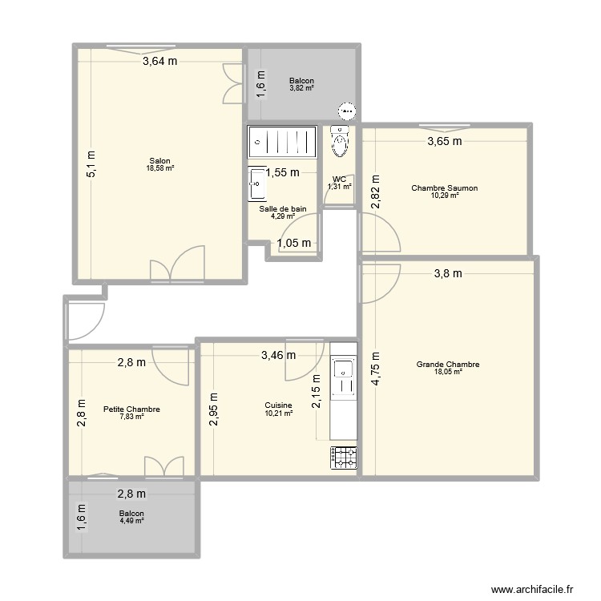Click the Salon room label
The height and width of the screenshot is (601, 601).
click(159, 159)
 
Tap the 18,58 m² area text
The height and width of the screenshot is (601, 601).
click(159, 167)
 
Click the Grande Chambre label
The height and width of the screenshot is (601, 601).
click(447, 365)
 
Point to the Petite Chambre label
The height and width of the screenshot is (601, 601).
click(131, 409)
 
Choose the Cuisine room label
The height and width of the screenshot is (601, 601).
click(278, 405)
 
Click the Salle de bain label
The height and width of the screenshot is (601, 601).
click(283, 208)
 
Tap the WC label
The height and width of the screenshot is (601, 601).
click(338, 179)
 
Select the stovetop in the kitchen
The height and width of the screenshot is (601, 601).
click(343, 458)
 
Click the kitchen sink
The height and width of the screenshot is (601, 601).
click(343, 369)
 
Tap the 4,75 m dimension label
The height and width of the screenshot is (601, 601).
click(374, 370)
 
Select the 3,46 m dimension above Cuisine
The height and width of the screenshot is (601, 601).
click(278, 355)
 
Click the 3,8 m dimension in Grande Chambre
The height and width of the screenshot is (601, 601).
click(448, 274)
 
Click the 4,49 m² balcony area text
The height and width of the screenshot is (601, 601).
click(131, 521)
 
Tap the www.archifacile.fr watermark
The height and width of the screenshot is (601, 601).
click(535, 587)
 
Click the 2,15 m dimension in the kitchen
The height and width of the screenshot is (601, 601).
click(317, 393)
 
